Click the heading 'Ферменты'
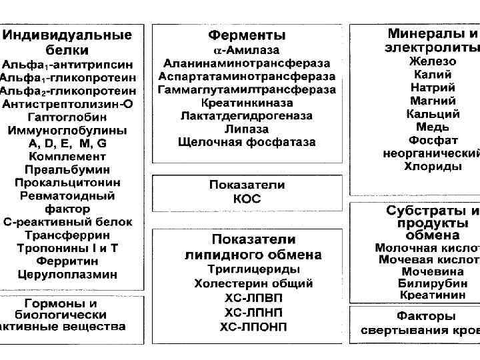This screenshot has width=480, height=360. click(247, 35)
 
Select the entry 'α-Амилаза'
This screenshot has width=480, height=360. click(247, 50)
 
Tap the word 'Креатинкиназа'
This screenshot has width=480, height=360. click(247, 103)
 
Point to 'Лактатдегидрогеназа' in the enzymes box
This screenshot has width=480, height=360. click(247, 116)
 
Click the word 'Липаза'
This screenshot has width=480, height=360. click(247, 129)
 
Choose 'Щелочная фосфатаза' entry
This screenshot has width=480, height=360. click(247, 142)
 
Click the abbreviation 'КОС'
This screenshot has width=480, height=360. click(247, 199)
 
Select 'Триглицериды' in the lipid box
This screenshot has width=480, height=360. click(253, 269)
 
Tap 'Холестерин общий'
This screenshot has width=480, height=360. click(253, 283)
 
